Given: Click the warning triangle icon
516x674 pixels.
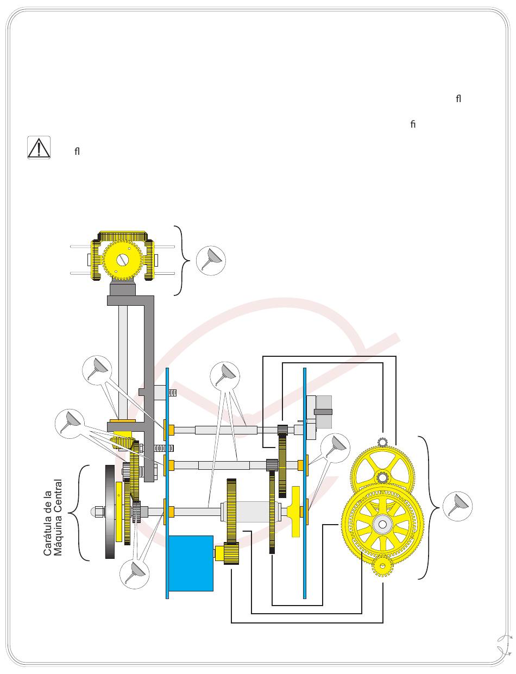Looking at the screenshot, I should pos(39,148).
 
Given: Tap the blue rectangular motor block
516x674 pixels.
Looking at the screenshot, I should pos(190,563).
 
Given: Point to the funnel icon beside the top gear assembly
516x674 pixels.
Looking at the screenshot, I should pos(211,260).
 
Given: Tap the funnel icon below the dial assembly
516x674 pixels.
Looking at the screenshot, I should pos(134,573).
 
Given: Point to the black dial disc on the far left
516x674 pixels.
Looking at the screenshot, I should pos(110,512).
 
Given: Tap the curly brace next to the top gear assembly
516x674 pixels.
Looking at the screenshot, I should pos(184,260).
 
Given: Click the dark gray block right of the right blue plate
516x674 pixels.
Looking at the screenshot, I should pos(323,412).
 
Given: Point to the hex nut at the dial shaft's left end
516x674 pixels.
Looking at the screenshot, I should pos(99,511).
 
